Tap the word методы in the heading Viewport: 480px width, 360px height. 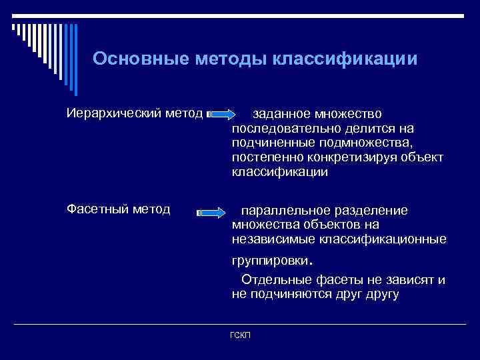[231, 59]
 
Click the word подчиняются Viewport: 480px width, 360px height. [286, 294]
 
